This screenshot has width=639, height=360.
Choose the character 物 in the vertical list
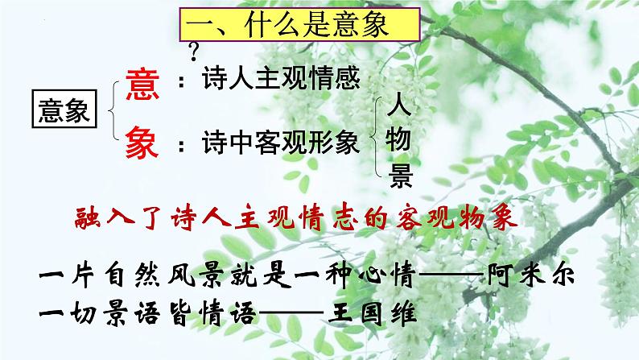(399, 140)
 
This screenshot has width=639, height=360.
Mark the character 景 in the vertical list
(399, 176)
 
